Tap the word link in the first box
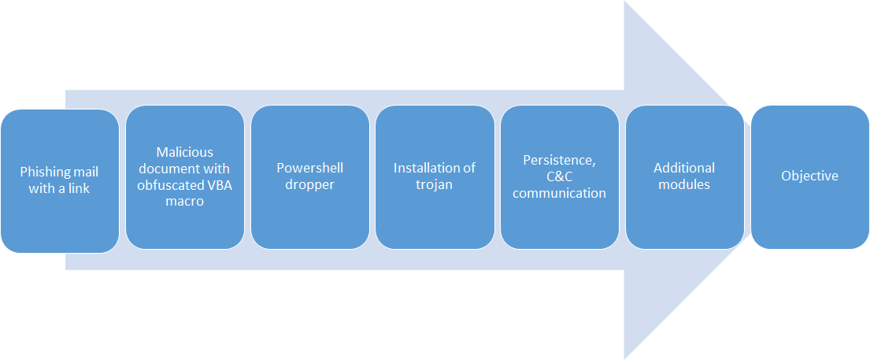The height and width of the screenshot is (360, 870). (80, 188)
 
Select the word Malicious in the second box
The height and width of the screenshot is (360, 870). (184, 152)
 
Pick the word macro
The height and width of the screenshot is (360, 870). (184, 201)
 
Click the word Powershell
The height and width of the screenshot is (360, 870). (309, 168)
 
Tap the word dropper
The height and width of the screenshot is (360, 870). (309, 184)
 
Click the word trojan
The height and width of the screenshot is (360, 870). (434, 184)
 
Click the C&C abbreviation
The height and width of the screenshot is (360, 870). (559, 176)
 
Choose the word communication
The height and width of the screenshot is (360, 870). (559, 193)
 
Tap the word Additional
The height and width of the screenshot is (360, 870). (684, 168)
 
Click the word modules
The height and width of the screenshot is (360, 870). (684, 184)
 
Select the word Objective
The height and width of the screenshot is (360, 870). (809, 176)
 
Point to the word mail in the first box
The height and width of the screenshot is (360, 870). (85, 172)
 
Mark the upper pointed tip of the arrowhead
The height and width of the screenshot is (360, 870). (625, 2)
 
